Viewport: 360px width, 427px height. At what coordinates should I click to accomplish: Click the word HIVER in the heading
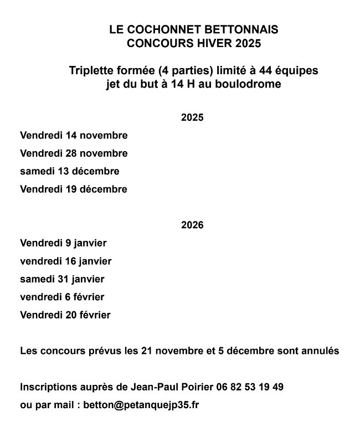(214, 43)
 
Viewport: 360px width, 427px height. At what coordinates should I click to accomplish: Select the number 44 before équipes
(268, 71)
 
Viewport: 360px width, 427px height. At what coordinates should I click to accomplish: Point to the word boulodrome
(250, 85)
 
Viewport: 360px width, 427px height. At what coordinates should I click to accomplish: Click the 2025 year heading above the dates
(192, 117)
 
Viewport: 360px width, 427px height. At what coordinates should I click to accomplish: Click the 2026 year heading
(192, 225)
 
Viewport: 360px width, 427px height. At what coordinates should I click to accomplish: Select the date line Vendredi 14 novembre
(74, 136)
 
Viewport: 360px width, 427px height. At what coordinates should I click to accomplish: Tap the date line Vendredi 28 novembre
(74, 153)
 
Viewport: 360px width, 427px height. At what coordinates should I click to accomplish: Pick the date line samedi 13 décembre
(70, 171)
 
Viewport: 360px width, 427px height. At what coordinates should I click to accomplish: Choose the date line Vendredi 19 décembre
(74, 189)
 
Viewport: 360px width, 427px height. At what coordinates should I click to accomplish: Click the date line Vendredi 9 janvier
(63, 243)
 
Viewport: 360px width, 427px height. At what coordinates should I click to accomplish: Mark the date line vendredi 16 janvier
(66, 261)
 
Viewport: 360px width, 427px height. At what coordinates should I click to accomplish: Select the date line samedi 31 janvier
(62, 279)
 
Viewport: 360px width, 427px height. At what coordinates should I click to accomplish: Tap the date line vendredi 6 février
(62, 297)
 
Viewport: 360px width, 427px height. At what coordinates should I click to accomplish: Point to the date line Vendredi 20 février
(65, 315)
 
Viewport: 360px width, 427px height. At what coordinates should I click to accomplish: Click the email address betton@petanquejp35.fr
(141, 405)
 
